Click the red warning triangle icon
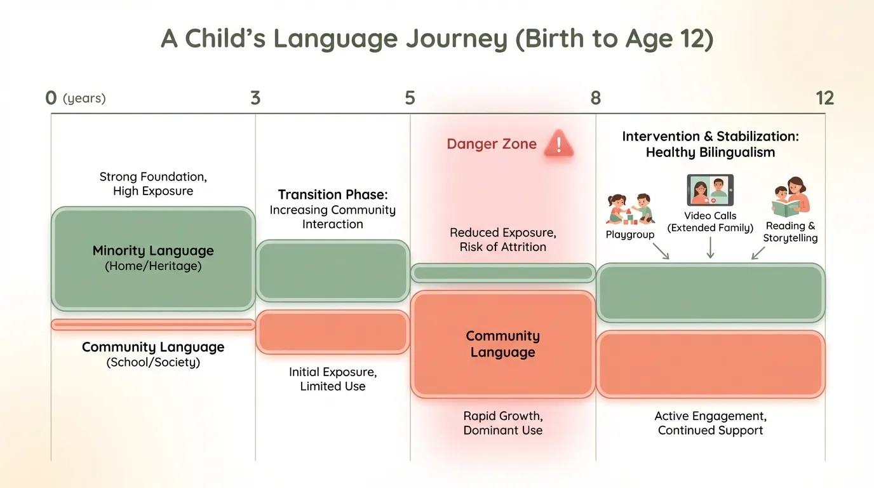pyautogui.click(x=558, y=144)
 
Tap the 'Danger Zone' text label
pyautogui.click(x=491, y=144)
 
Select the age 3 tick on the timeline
pyautogui.click(x=255, y=98)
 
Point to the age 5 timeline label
pyautogui.click(x=410, y=98)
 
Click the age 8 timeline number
pyautogui.click(x=595, y=98)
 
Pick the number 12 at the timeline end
pyautogui.click(x=824, y=98)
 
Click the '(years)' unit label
pyautogui.click(x=84, y=98)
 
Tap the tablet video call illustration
pyautogui.click(x=710, y=190)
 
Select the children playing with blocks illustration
pyautogui.click(x=630, y=208)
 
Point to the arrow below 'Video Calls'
pyautogui.click(x=710, y=248)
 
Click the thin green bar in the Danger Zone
pyautogui.click(x=502, y=273)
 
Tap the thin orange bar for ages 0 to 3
pyautogui.click(x=153, y=325)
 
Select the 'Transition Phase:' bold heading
pyautogui.click(x=332, y=194)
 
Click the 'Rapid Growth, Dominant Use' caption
pyautogui.click(x=502, y=423)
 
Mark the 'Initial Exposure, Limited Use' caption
pyautogui.click(x=332, y=379)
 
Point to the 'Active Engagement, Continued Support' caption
pyautogui.click(x=710, y=423)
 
